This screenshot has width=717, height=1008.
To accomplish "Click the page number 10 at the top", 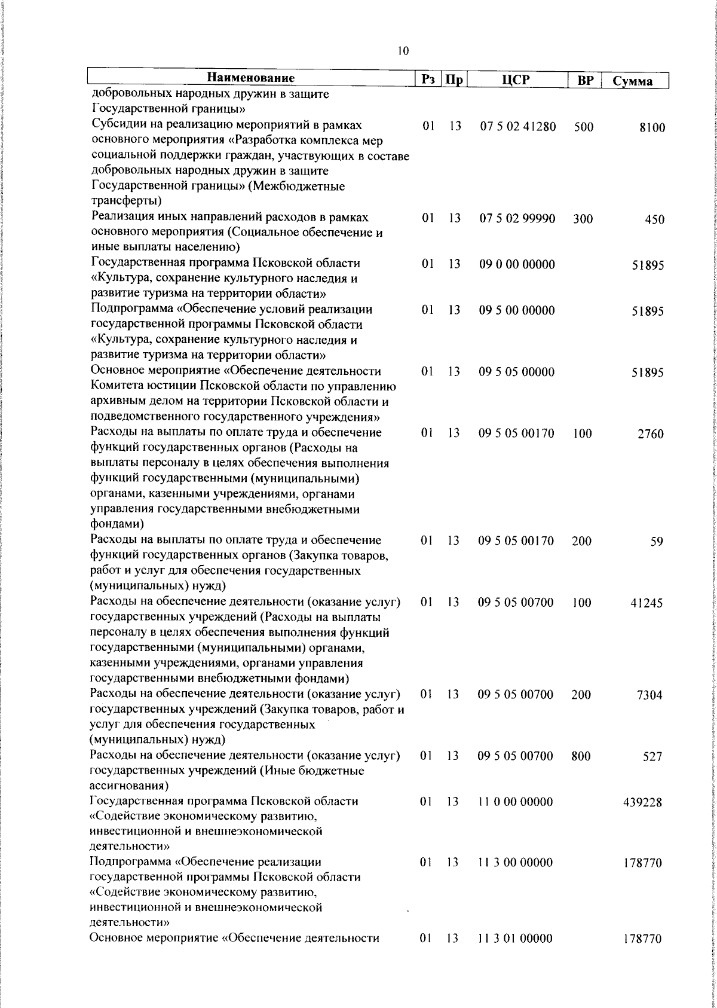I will [403, 51].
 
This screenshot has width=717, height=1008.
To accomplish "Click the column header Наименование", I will [251, 78].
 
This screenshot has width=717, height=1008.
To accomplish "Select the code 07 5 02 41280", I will [517, 127].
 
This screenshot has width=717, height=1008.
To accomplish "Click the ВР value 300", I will [583, 219].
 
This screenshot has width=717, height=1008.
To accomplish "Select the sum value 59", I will [657, 542].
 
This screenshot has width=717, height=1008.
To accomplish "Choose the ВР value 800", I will [581, 756].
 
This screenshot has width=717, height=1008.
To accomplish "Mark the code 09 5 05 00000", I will [517, 372].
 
